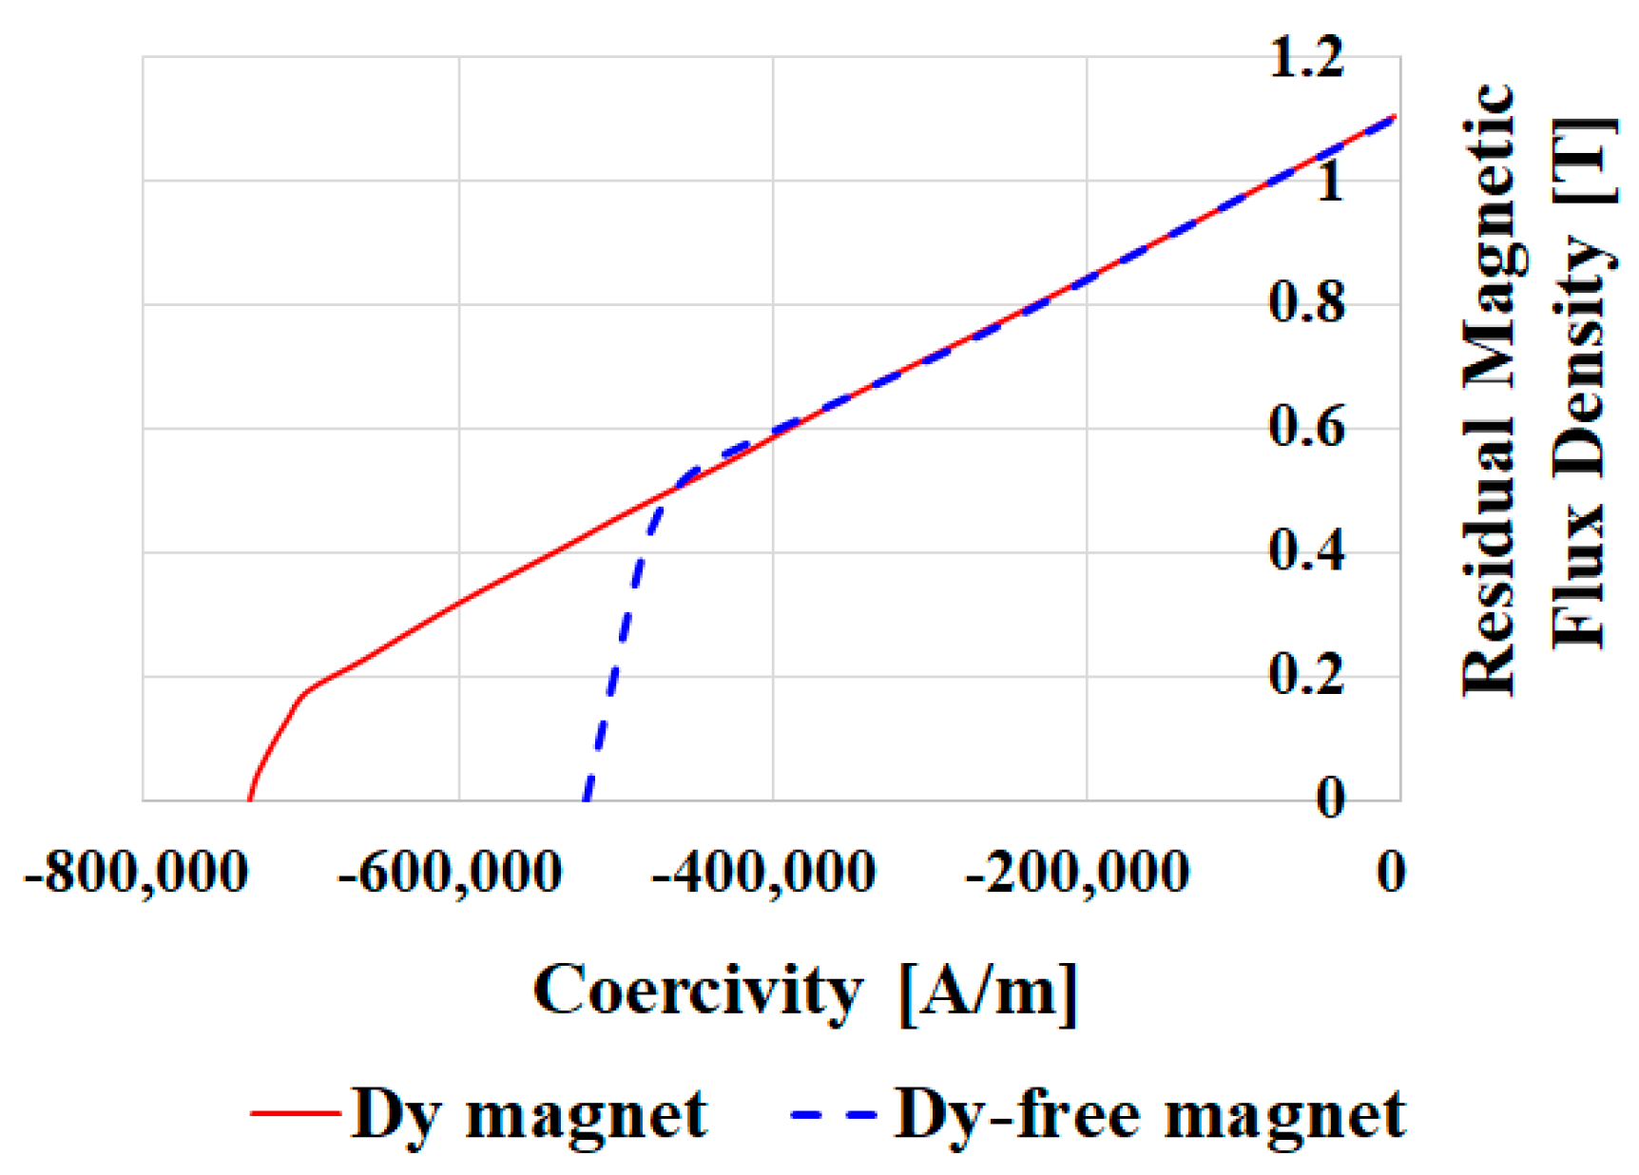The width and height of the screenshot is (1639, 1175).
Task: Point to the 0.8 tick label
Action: tap(1307, 304)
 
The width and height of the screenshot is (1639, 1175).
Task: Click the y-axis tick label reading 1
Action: tap(1330, 181)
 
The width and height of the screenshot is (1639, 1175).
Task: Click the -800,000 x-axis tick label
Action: tap(136, 872)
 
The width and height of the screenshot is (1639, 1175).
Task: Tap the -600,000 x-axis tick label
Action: tap(450, 872)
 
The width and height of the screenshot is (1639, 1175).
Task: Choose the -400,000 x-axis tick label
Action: tap(763, 872)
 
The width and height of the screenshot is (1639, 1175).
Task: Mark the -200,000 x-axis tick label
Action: tap(1077, 872)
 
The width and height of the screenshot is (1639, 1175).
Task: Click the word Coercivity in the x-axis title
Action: tap(697, 992)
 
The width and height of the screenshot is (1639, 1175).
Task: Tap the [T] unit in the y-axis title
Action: tap(1583, 160)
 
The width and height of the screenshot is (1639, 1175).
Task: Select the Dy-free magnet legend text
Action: tap(1149, 1114)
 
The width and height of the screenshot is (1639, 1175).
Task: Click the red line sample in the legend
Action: tap(296, 1112)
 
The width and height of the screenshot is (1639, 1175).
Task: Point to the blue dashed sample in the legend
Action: tap(834, 1112)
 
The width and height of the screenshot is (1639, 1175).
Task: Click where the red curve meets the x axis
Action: tap(249, 799)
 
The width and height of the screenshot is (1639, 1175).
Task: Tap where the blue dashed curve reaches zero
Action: tap(586, 799)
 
